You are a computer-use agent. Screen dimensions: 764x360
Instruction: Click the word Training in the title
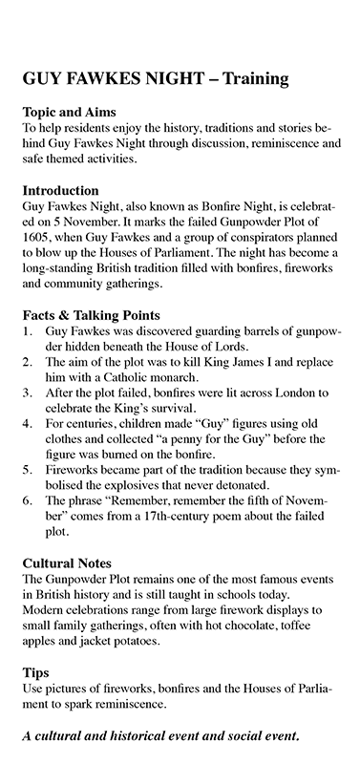245,80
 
